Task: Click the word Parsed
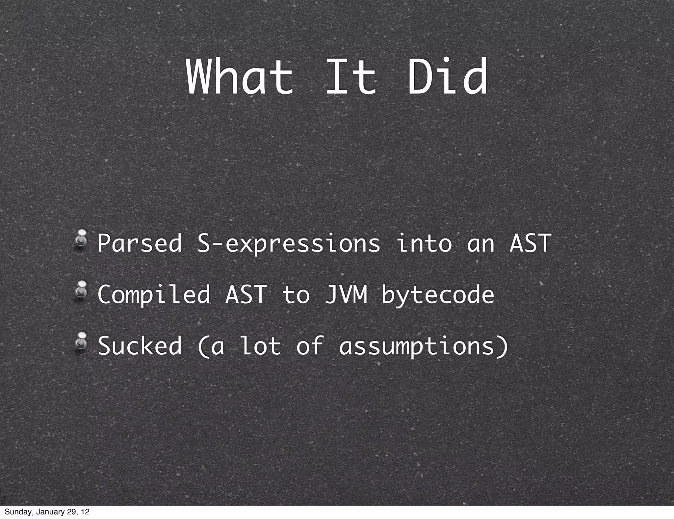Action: click(140, 243)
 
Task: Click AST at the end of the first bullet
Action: click(530, 243)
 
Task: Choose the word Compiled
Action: click(154, 295)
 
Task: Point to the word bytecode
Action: click(438, 295)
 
